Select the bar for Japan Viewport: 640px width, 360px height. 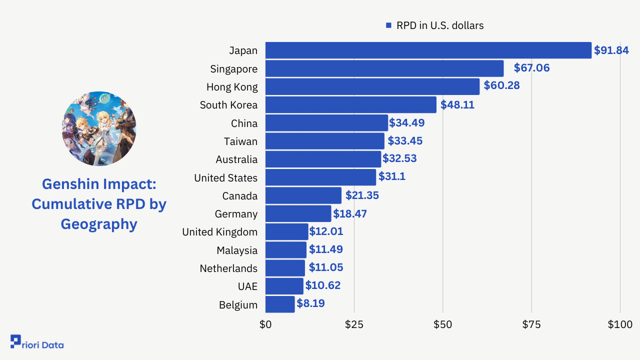pyautogui.click(x=428, y=50)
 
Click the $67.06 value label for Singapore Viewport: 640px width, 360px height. pyautogui.click(x=531, y=68)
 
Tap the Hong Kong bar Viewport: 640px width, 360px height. pyautogui.click(x=372, y=86)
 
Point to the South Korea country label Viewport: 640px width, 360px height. pyautogui.click(x=228, y=105)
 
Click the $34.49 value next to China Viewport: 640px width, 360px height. pyautogui.click(x=406, y=123)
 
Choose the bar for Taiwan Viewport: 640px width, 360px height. pyautogui.click(x=324, y=141)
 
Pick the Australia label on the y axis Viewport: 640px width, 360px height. pyautogui.click(x=236, y=159)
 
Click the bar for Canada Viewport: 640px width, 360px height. pyautogui.click(x=303, y=195)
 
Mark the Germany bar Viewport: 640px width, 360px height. pyautogui.click(x=298, y=214)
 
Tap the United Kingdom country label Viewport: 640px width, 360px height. pyautogui.click(x=219, y=232)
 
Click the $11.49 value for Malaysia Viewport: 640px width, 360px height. pyautogui.click(x=325, y=249)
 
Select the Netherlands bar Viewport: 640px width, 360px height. pyautogui.click(x=285, y=268)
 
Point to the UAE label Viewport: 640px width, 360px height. pyautogui.click(x=247, y=286)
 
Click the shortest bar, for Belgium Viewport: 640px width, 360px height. pyautogui.click(x=280, y=304)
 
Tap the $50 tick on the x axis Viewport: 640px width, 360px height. pyautogui.click(x=442, y=324)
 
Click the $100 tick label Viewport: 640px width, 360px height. pyautogui.click(x=620, y=324)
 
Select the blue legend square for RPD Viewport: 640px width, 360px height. pyautogui.click(x=388, y=25)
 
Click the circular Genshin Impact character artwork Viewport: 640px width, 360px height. pyautogui.click(x=99, y=128)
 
